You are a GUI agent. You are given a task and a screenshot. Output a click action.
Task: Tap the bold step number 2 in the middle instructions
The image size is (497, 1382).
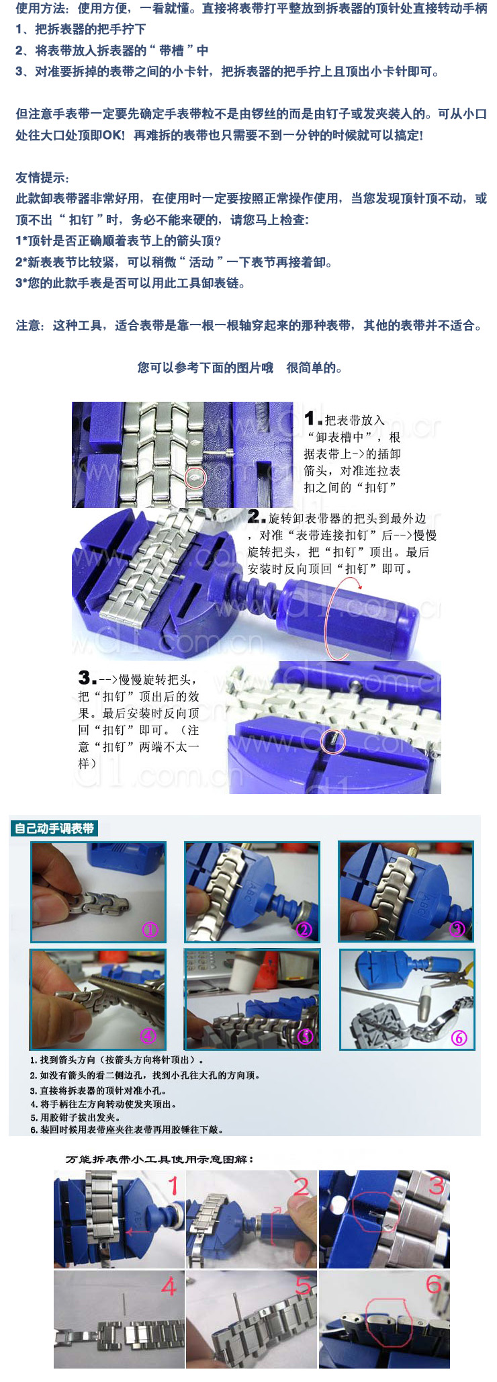[255, 517]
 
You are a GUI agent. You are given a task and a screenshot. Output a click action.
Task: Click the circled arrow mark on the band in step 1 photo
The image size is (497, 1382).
[195, 478]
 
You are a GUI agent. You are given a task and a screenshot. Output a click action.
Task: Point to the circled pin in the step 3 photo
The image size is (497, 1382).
[334, 741]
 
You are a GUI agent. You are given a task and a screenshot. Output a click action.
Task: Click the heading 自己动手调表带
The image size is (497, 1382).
[54, 828]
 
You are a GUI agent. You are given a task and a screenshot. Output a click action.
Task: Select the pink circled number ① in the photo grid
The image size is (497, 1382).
[150, 930]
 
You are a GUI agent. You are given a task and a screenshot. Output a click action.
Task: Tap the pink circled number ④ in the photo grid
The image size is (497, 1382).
[148, 1035]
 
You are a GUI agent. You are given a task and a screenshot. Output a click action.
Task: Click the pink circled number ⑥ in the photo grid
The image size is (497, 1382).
[459, 1037]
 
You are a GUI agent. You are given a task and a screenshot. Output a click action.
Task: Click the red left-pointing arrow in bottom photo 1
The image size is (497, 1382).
[138, 1232]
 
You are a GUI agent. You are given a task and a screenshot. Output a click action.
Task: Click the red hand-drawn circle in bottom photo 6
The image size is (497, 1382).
[389, 1315]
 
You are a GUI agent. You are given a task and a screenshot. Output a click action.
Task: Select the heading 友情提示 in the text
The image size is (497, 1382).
[42, 177]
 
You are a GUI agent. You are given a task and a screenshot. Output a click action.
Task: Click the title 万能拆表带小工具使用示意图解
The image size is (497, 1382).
[160, 1159]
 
